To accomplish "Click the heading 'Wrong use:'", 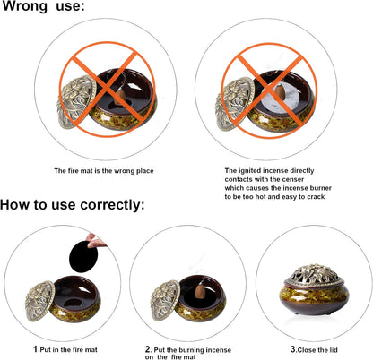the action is [44, 6].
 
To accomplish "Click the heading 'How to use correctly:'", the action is [73, 205].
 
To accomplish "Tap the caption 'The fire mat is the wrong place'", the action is [104, 171].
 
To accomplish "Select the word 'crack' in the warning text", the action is [316, 197].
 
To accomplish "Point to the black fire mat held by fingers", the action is [83, 256].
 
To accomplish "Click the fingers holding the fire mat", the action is [96, 241].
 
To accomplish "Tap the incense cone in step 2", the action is [200, 291].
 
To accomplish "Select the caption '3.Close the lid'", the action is [314, 349].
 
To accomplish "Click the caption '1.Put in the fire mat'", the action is [65, 349].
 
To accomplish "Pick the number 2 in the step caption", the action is [148, 349].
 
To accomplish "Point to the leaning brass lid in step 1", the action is [40, 301].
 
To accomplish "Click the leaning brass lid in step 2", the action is [165, 301].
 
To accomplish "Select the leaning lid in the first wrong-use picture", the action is [77, 102].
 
